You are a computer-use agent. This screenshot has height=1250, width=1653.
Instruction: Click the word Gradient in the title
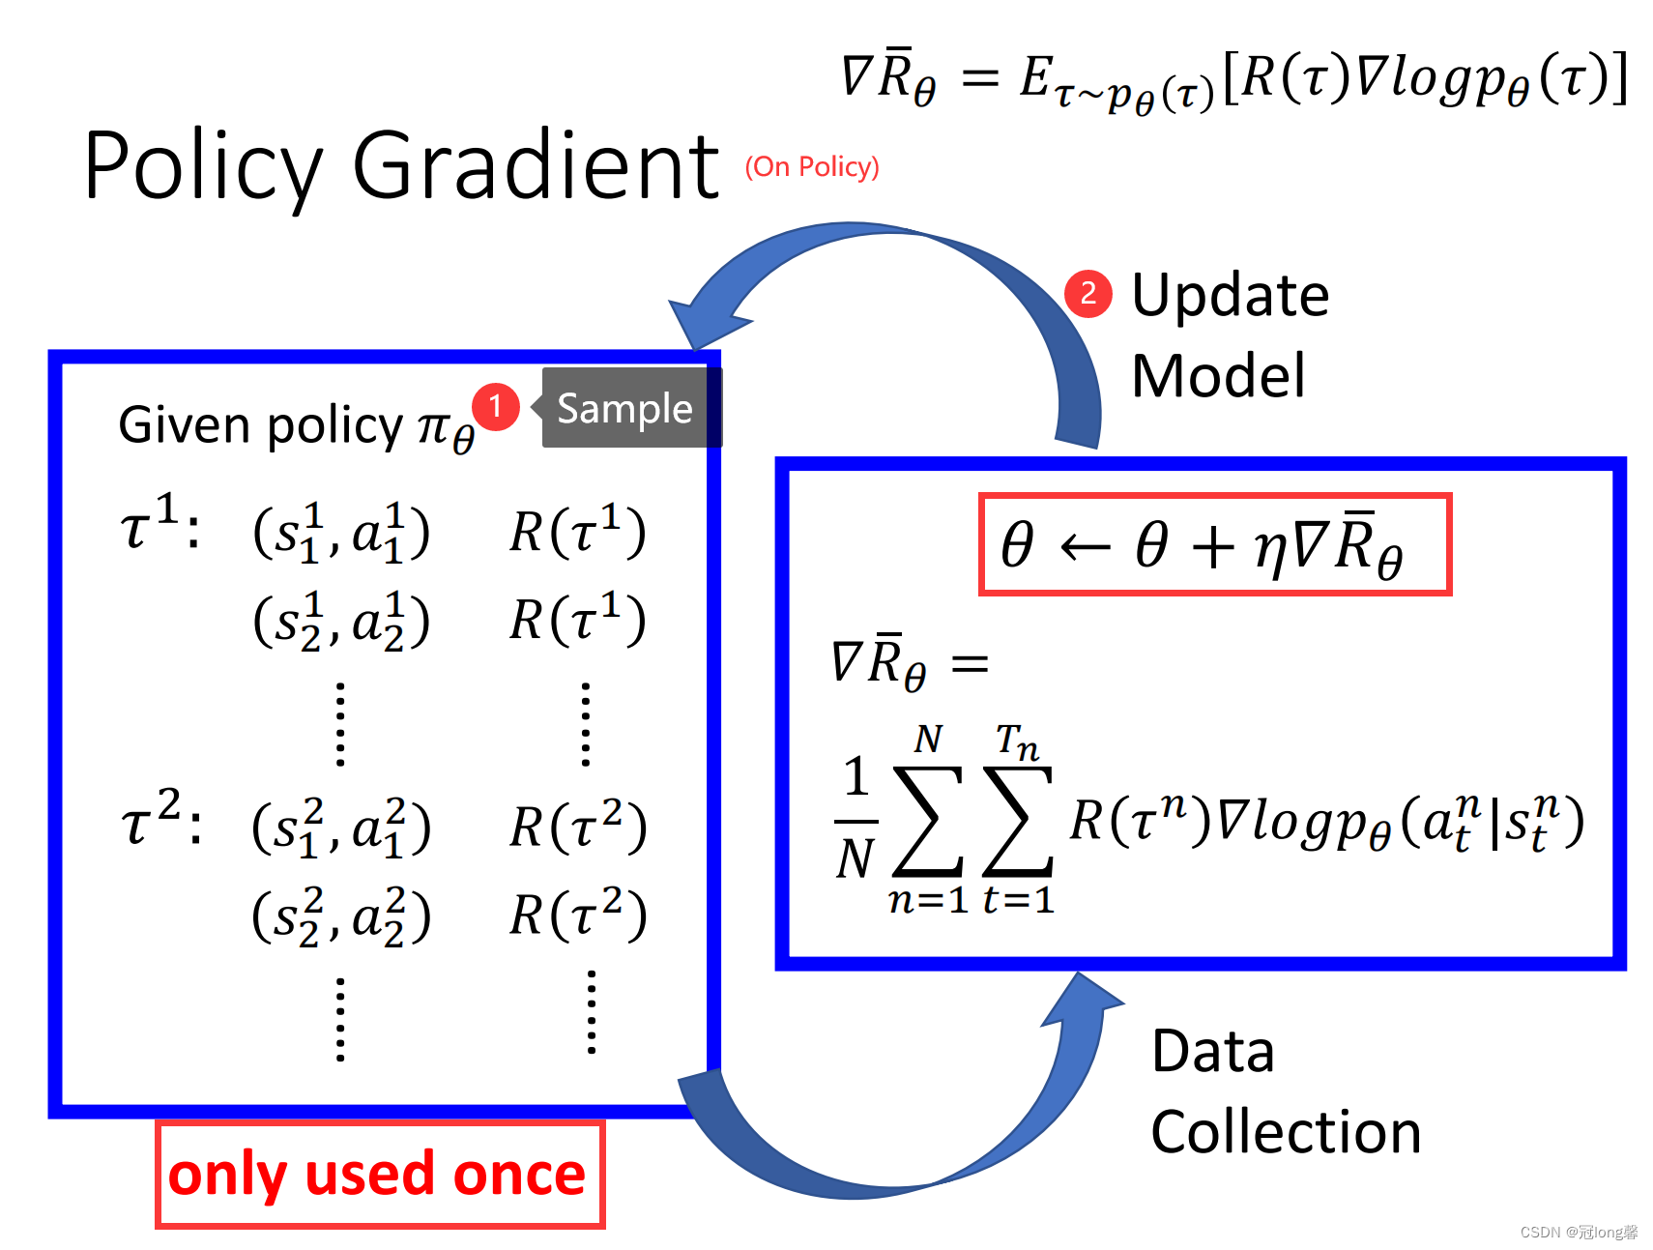click(536, 166)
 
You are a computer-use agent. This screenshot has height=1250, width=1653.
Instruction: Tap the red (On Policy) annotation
click(811, 167)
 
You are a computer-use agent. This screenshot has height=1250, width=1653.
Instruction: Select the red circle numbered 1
click(496, 406)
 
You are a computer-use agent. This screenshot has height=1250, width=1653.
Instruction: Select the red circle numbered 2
click(1087, 292)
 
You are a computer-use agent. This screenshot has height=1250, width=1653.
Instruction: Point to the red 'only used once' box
click(379, 1175)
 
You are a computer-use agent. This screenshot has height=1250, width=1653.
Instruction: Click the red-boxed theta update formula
click(1214, 544)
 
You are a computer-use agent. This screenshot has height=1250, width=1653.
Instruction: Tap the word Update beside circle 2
click(1230, 295)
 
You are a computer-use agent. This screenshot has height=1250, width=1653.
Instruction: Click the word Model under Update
click(1218, 376)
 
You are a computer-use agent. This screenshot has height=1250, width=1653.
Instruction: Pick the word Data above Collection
click(1213, 1051)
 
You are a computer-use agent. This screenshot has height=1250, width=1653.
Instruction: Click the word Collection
click(1286, 1132)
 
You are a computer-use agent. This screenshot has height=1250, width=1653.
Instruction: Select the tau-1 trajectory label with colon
click(160, 525)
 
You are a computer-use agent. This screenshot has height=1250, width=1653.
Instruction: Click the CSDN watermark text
click(1578, 1232)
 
